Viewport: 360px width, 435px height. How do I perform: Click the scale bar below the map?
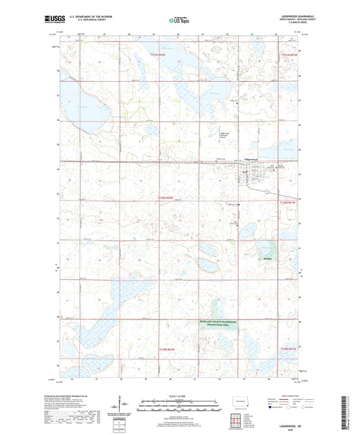click(180, 407)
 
